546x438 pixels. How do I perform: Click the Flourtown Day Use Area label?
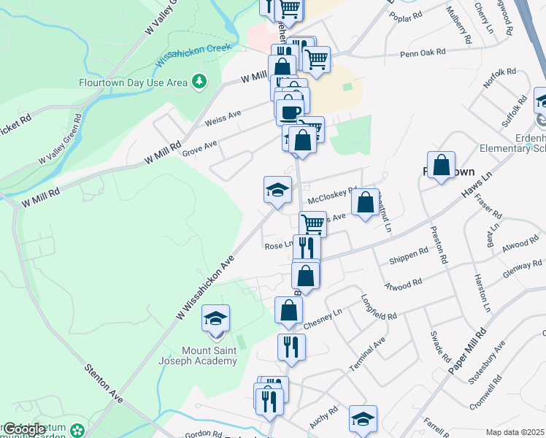[x=134, y=82]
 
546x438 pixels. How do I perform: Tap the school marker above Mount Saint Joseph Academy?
[x=215, y=320]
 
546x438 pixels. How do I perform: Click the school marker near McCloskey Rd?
[x=277, y=191]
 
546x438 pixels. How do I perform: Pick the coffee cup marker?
[x=289, y=111]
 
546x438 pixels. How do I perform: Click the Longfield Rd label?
[x=379, y=307]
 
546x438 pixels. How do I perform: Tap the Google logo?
[x=23, y=429]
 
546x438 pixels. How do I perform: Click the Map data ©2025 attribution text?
[x=515, y=432]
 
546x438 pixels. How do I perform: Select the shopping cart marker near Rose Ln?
[x=312, y=223]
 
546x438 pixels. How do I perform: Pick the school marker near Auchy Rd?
[x=363, y=419]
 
